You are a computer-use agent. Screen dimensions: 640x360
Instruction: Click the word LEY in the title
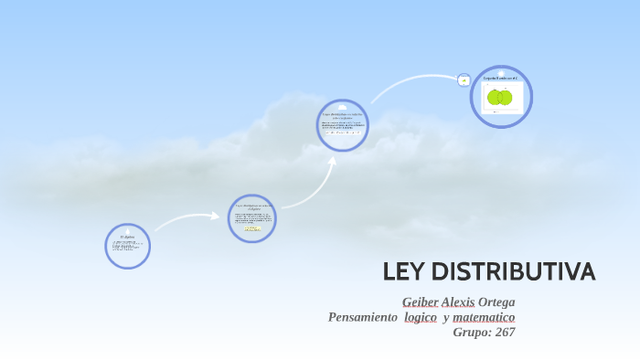coord(402,271)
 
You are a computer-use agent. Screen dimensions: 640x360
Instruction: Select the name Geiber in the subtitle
coord(420,302)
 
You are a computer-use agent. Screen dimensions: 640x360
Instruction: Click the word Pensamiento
coord(362,317)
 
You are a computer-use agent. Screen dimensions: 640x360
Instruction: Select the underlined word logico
coord(421,317)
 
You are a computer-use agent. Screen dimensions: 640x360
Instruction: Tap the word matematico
coord(485,317)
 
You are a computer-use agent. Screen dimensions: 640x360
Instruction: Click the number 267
coord(505,332)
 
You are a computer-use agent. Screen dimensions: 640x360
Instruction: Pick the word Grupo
coord(472,332)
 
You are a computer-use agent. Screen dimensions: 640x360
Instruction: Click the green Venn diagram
coord(499,97)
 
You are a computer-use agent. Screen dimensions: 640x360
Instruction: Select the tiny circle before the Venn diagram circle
coord(464,80)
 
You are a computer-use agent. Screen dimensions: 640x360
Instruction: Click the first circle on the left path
coord(127,247)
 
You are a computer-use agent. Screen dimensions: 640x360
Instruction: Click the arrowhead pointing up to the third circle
coord(331,161)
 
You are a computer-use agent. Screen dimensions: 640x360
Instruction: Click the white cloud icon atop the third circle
coord(343,107)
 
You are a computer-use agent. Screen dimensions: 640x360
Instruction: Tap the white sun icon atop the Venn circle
coord(501,71)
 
